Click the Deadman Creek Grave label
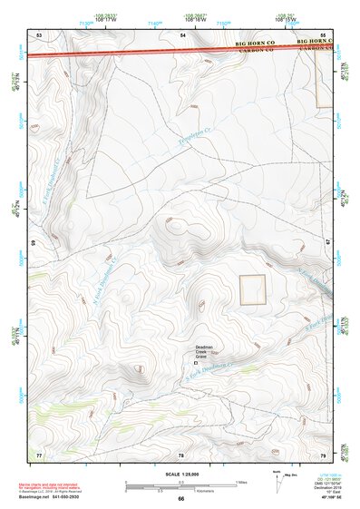(206, 352)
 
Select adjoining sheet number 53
(40, 34)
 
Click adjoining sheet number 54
(182, 34)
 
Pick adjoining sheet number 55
(323, 34)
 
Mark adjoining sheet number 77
(39, 453)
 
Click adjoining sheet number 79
(323, 453)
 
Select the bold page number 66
(180, 498)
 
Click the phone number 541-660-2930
(77, 495)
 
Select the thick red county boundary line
(163, 51)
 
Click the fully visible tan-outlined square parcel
(253, 289)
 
